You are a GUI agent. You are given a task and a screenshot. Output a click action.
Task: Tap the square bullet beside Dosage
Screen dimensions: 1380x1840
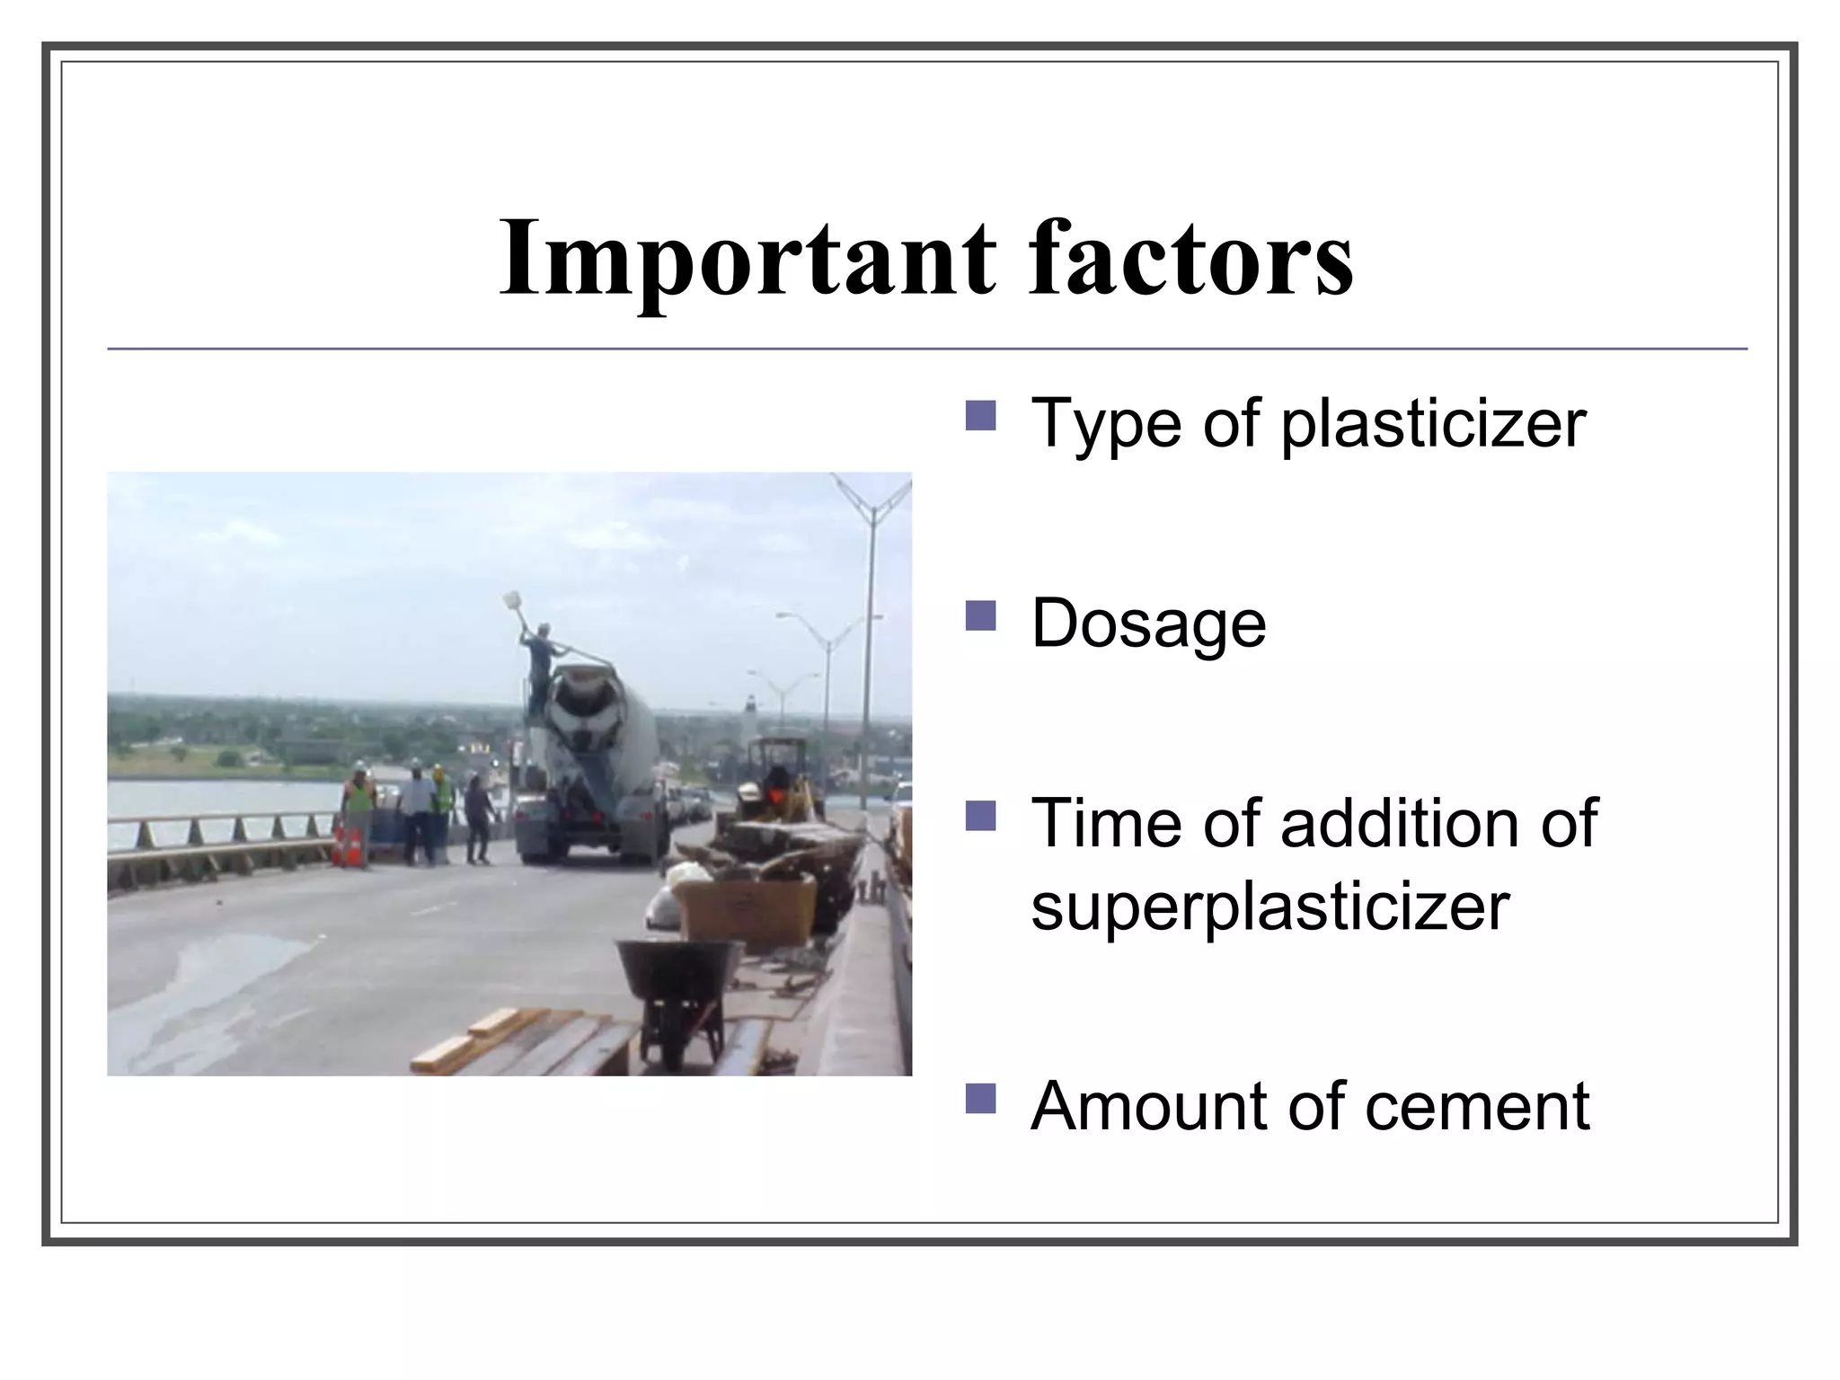tap(980, 616)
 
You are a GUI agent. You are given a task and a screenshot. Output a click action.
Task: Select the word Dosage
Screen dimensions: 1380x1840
tap(1148, 624)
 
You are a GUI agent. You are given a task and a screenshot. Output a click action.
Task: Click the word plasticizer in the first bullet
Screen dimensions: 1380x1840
tap(1433, 423)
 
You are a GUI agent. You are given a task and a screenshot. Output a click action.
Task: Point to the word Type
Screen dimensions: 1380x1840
tap(1106, 423)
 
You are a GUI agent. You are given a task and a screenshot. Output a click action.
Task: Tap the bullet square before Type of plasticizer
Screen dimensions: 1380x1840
tap(980, 415)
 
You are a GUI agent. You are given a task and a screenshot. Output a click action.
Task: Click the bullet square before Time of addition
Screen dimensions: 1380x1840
tap(980, 816)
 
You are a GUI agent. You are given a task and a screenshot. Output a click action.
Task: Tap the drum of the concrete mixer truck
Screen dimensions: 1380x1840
tap(597, 710)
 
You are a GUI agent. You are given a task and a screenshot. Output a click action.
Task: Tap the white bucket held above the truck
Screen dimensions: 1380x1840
tap(513, 599)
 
